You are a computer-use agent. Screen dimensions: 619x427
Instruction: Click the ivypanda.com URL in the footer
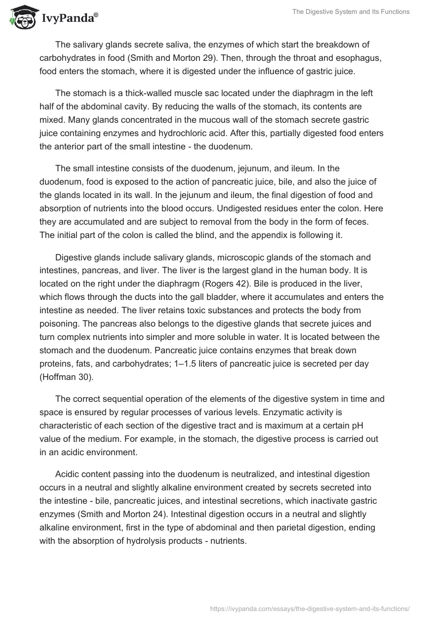coord(310,608)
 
